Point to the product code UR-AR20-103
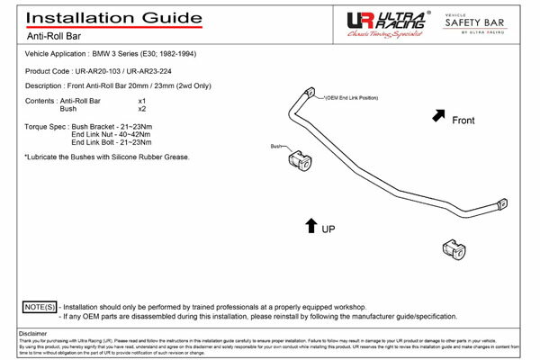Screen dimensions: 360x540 click(105, 69)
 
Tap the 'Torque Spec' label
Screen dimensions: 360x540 click(44, 126)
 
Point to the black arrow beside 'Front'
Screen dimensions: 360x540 click(439, 115)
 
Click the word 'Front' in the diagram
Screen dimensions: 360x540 click(463, 119)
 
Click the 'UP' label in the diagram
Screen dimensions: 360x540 click(329, 229)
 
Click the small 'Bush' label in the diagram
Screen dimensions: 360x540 click(276, 145)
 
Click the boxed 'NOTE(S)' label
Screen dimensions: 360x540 click(39, 307)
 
